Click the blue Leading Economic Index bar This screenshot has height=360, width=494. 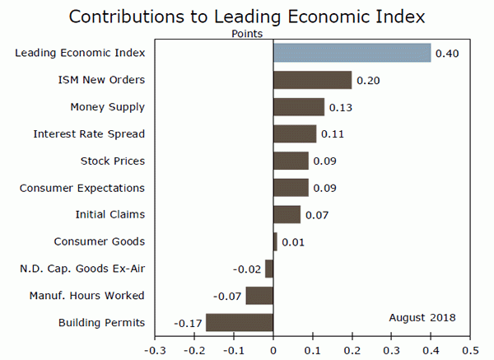point(352,53)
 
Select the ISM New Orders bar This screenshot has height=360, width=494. point(312,80)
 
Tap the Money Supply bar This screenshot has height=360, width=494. point(298,107)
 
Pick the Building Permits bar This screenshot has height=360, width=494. point(239,322)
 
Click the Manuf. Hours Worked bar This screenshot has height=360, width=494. point(259,295)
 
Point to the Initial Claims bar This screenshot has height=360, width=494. point(287,214)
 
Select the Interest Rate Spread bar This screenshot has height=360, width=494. point(295,133)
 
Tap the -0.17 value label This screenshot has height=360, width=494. point(188,323)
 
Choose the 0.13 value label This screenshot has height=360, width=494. point(340,108)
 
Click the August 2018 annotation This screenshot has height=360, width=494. point(422,317)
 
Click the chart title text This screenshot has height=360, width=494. point(247,16)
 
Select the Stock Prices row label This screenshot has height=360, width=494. point(113,161)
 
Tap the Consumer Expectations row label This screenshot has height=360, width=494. point(82,188)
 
